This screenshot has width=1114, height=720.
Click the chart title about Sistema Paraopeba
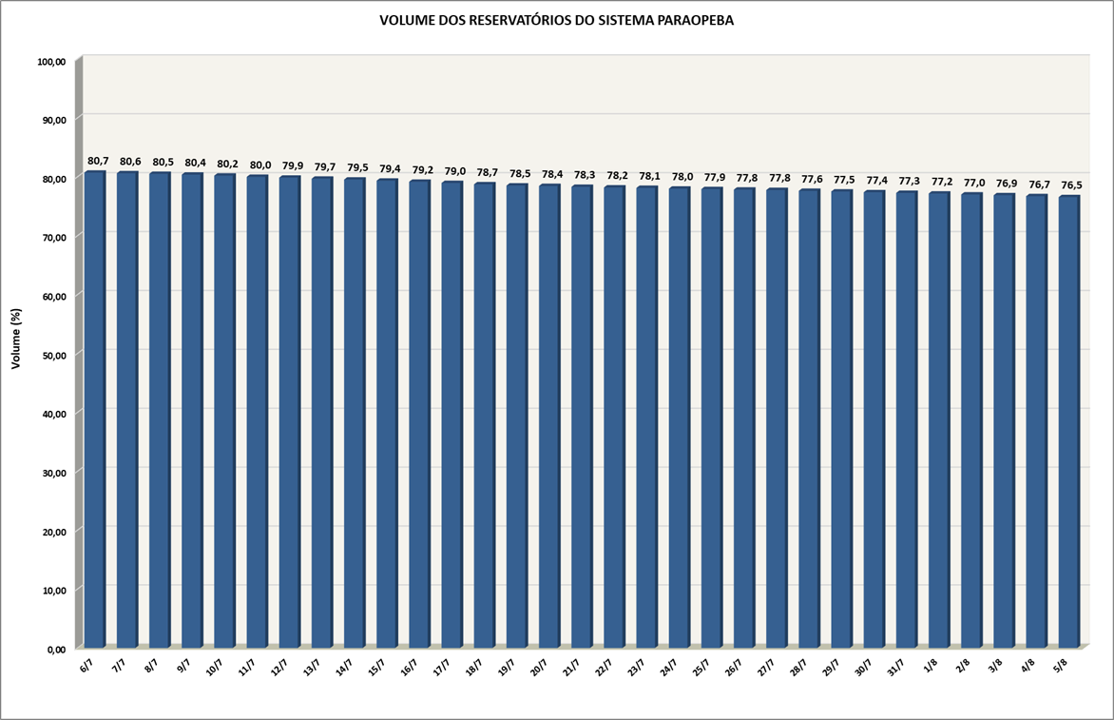(x=556, y=21)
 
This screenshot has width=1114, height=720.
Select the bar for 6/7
(x=95, y=409)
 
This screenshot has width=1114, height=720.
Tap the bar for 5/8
(x=1069, y=421)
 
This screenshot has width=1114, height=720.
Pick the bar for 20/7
(x=550, y=416)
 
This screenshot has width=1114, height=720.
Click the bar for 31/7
(x=907, y=419)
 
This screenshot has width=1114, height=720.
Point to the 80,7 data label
(x=98, y=162)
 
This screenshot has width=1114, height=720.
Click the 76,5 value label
(x=1072, y=185)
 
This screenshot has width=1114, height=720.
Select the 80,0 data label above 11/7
(x=260, y=165)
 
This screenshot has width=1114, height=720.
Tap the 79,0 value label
(x=454, y=171)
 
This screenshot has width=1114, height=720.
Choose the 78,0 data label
(x=682, y=177)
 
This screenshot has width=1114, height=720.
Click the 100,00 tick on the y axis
(x=52, y=62)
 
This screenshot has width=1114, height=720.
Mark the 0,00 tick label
(x=57, y=649)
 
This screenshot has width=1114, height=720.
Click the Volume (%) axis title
(x=16, y=339)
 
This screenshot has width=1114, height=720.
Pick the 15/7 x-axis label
(x=376, y=667)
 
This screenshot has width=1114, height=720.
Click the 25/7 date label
(x=701, y=667)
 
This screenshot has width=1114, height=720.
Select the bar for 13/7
(x=322, y=412)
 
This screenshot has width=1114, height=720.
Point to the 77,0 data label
(x=975, y=183)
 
